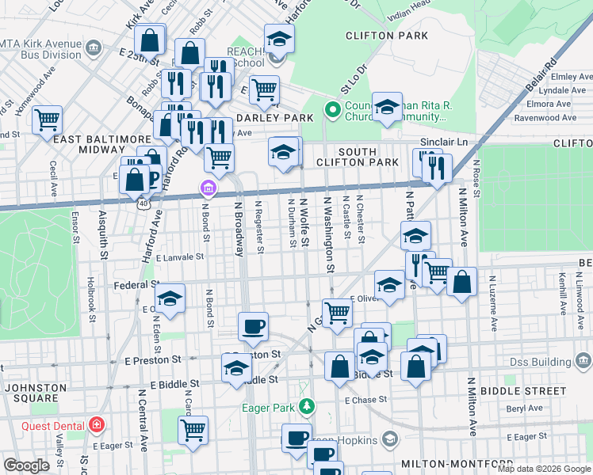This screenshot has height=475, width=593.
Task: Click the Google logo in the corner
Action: pyautogui.click(x=26, y=465)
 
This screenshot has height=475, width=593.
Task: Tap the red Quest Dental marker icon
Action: pyautogui.click(x=97, y=425)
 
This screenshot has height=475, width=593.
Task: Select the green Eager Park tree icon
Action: pyautogui.click(x=309, y=408)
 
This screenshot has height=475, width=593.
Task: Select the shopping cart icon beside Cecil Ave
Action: pyautogui.click(x=48, y=120)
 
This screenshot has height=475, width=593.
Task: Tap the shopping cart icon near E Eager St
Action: pyautogui.click(x=193, y=430)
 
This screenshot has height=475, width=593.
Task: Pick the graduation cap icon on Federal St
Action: pyautogui.click(x=170, y=298)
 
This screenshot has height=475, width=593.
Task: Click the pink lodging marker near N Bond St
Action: pyautogui.click(x=208, y=188)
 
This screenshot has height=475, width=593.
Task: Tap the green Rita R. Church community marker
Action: pyautogui.click(x=333, y=109)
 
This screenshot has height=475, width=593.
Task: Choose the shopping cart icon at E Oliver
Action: pyautogui.click(x=338, y=313)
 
